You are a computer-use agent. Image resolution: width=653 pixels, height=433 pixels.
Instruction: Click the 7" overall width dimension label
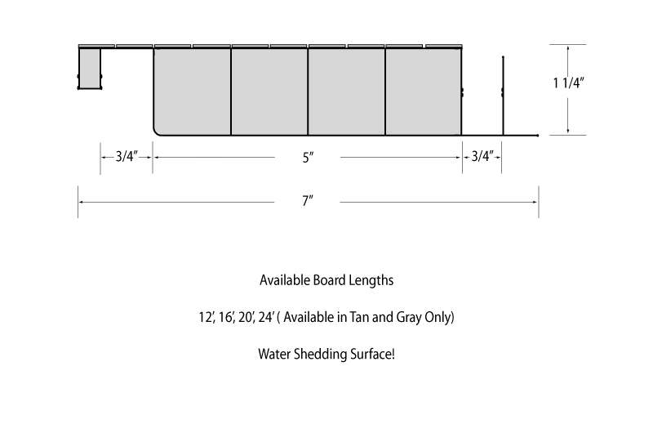pyautogui.click(x=308, y=201)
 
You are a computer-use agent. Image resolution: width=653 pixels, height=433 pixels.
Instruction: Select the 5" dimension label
pyautogui.click(x=308, y=158)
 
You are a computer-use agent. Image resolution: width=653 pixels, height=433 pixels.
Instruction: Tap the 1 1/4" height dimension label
pyautogui.click(x=568, y=83)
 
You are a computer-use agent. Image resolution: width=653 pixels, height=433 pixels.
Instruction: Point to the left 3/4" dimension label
pyautogui.click(x=127, y=156)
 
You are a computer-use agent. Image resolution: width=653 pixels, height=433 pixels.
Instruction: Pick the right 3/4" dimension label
pyautogui.click(x=482, y=156)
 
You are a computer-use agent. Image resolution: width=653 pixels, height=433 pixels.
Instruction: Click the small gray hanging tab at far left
pyautogui.click(x=90, y=69)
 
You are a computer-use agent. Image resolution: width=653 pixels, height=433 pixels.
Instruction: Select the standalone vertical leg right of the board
pyautogui.click(x=503, y=96)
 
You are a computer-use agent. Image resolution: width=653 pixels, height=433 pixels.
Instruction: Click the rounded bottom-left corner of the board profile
pyautogui.click(x=156, y=132)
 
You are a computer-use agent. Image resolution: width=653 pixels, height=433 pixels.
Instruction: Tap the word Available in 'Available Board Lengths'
pyautogui.click(x=285, y=280)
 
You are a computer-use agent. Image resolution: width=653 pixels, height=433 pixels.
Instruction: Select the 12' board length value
pyautogui.click(x=207, y=318)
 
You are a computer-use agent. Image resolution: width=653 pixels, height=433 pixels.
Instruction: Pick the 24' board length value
pyautogui.click(x=267, y=318)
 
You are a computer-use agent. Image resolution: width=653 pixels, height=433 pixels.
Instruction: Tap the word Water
pyautogui.click(x=274, y=355)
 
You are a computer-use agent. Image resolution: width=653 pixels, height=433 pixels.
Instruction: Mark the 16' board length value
pyautogui.click(x=227, y=318)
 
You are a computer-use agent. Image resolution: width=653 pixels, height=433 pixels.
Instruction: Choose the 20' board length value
pyautogui.click(x=247, y=318)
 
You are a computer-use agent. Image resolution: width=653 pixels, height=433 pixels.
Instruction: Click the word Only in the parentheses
pyautogui.click(x=438, y=318)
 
